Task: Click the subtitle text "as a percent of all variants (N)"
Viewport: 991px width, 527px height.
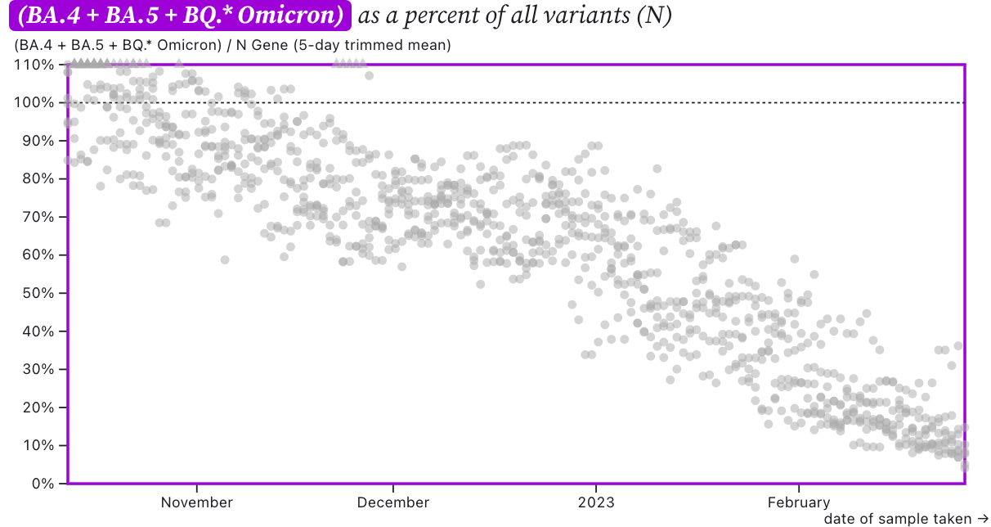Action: pos(515,16)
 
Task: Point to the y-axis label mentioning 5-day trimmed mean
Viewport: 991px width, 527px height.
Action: pos(232,46)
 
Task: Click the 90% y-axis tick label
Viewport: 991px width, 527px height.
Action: pos(37,141)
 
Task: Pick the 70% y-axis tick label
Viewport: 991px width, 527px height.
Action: pos(37,217)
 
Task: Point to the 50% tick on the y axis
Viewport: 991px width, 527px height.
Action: pos(37,293)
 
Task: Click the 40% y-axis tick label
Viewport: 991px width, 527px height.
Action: pos(37,331)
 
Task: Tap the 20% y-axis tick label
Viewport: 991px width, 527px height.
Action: pos(37,408)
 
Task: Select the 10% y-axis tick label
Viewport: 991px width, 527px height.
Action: pos(37,445)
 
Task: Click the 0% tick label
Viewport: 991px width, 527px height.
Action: pos(40,484)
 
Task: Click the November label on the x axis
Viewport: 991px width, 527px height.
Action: pos(196,502)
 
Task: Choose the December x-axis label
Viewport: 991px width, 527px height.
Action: pos(393,502)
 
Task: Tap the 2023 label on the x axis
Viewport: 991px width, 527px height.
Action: pos(596,502)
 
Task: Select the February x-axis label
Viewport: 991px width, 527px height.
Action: pos(798,502)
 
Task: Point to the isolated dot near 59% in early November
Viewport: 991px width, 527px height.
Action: pos(225,260)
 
